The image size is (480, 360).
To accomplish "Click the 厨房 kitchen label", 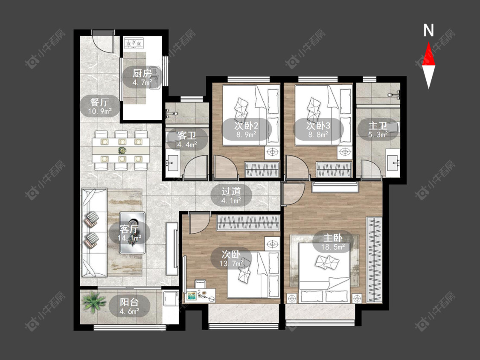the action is point(143,74).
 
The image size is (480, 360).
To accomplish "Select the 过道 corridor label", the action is point(231,192).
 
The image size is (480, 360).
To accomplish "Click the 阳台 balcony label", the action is point(129,302).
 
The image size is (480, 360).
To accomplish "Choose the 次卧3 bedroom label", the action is point(318,125).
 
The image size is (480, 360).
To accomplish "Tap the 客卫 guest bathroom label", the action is point(187,135).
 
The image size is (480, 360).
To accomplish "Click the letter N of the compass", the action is point(428,30).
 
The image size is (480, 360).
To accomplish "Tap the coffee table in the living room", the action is point(132,232).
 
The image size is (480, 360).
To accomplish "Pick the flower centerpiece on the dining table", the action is point(122,150).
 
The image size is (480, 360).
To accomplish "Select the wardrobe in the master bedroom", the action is point(374,260).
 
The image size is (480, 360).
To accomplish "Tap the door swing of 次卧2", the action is point(226,167).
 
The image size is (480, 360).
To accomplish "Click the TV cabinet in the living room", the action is point(172,248).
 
